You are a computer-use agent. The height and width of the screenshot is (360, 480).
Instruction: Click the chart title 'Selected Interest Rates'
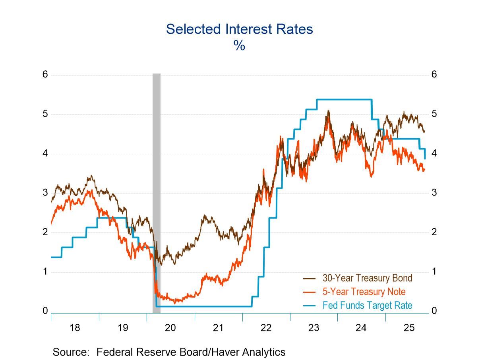coord(239,29)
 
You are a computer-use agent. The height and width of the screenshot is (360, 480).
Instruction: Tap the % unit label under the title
coord(239,46)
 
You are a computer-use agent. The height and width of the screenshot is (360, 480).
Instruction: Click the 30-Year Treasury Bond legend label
coord(367,278)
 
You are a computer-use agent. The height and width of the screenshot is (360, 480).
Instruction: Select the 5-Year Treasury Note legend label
coord(364,292)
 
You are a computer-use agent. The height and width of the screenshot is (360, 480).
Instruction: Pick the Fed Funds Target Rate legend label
coord(367,305)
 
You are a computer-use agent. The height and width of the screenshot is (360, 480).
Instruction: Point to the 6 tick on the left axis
coord(45,74)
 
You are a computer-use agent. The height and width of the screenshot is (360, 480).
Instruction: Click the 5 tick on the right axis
coord(434,114)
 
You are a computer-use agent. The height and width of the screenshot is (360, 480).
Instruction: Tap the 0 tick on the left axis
coord(45,311)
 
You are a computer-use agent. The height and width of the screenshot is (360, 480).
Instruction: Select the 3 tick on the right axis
coord(434,193)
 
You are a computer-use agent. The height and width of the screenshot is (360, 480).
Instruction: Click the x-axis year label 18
coord(75,328)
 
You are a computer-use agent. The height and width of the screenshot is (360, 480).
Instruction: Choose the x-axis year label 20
coord(170,328)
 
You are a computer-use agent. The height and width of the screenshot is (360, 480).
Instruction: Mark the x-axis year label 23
coord(314,328)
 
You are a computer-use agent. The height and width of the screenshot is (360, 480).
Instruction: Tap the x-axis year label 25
coord(409,328)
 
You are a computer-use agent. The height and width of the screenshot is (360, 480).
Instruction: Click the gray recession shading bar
coord(157,191)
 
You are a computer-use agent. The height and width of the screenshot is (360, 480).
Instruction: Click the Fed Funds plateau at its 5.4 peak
coord(344,99)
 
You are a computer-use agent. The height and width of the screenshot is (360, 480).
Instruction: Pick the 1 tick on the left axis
coord(45,271)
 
